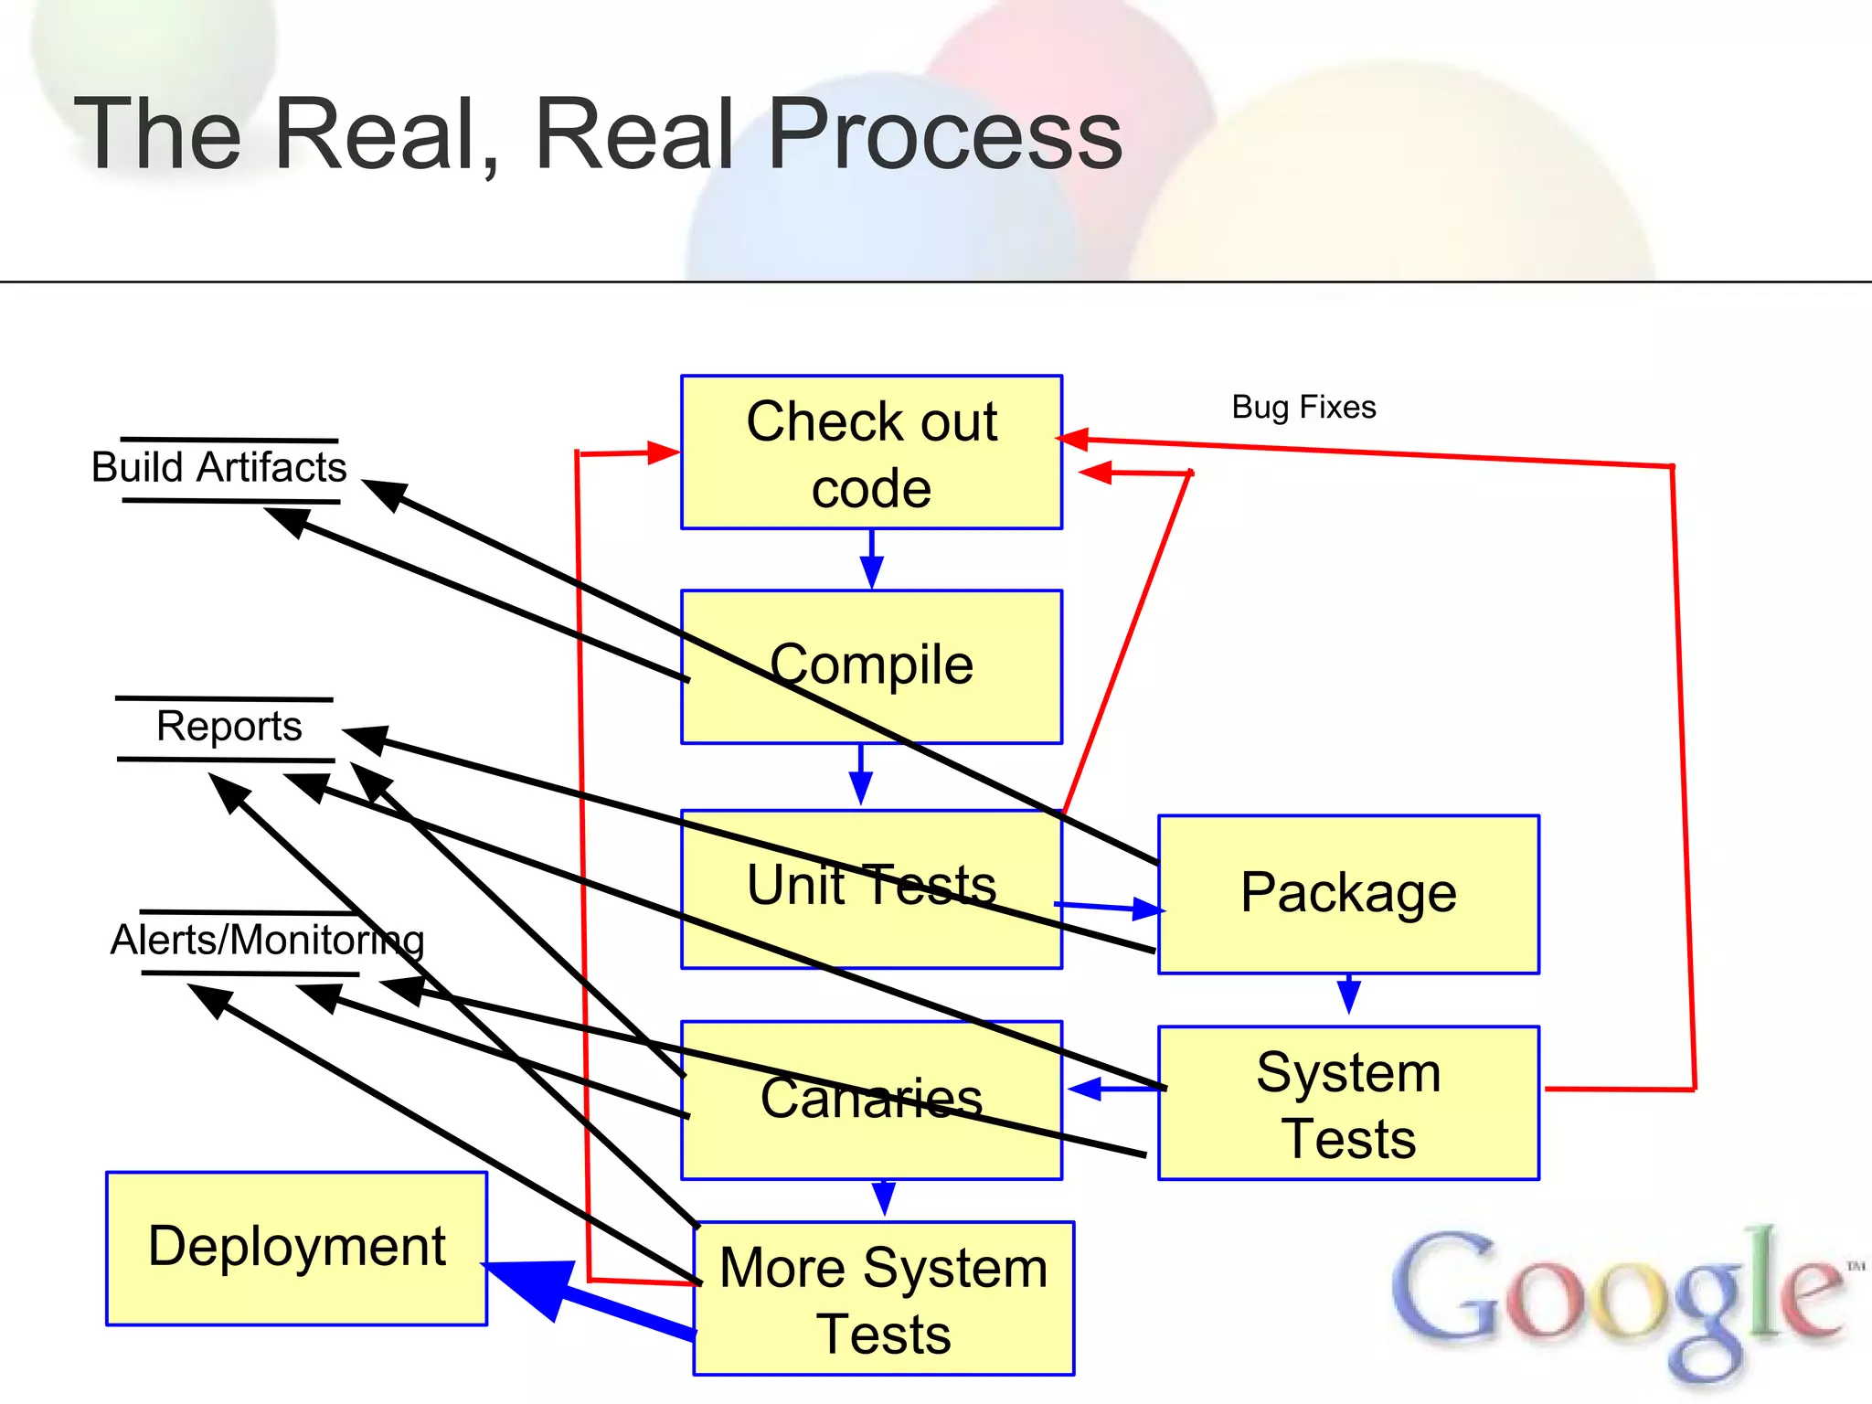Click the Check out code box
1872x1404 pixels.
pyautogui.click(x=871, y=452)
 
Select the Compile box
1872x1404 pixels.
pyautogui.click(x=871, y=666)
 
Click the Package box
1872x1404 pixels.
pyautogui.click(x=1348, y=894)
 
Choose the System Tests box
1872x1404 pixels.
pyautogui.click(x=1348, y=1103)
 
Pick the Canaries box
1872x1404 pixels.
pyautogui.click(x=871, y=1100)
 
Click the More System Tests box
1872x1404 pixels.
pyautogui.click(x=883, y=1298)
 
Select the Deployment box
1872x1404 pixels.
pyautogui.click(x=296, y=1248)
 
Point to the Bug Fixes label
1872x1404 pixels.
pyautogui.click(x=1303, y=407)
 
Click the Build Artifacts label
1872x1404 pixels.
pyautogui.click(x=219, y=468)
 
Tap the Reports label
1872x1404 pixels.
pyautogui.click(x=229, y=728)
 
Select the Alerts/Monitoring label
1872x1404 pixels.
pyautogui.click(x=267, y=941)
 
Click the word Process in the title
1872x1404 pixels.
pyautogui.click(x=945, y=135)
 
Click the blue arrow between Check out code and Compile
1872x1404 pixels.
pyautogui.click(x=871, y=559)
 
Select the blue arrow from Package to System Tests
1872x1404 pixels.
pyautogui.click(x=1349, y=994)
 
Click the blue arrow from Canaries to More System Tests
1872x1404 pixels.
pyautogui.click(x=883, y=1198)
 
